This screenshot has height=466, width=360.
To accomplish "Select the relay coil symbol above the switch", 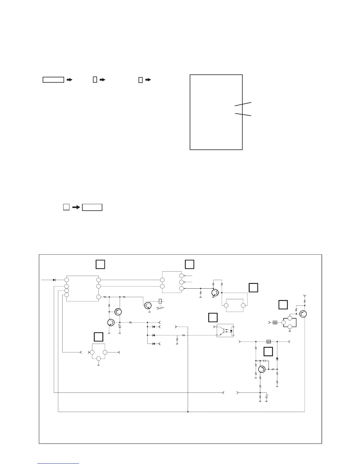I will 160,301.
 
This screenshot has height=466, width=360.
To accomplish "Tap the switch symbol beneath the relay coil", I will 160,308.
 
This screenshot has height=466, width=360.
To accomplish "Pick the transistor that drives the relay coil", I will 147,305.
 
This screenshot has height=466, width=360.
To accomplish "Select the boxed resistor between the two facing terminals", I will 269,342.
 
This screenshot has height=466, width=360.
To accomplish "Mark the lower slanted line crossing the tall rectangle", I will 243,114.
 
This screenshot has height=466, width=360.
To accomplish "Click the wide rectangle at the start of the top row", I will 53,80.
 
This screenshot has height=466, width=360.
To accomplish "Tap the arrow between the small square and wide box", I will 76,207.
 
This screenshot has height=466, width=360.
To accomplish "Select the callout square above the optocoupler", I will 213,317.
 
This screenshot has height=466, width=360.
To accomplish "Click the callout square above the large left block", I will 100,264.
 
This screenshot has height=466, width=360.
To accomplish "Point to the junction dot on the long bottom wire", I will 188,412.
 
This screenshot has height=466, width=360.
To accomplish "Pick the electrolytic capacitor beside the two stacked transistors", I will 119,326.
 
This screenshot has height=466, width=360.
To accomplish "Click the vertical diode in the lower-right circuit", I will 277,359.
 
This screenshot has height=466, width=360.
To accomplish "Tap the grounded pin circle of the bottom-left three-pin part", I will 99,359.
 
